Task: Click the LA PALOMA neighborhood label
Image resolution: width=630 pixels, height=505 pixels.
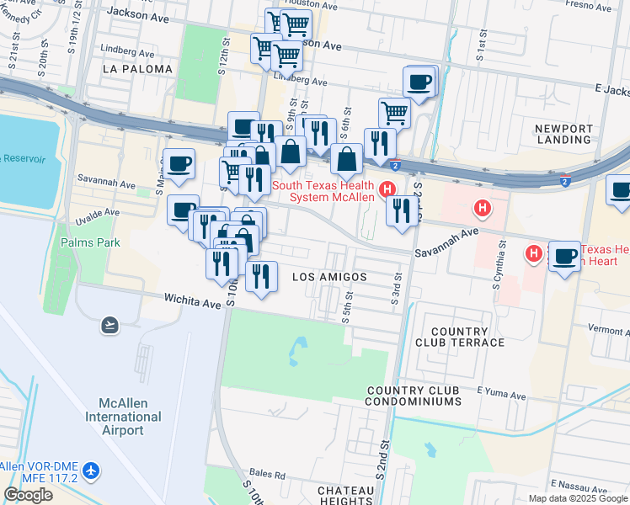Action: pos(137,69)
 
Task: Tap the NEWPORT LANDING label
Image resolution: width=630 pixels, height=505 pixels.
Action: pos(563,134)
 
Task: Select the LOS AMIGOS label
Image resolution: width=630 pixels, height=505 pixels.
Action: pos(328,277)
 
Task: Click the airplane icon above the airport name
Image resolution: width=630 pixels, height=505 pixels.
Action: pos(109,324)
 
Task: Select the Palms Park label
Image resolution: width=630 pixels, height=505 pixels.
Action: pos(90,242)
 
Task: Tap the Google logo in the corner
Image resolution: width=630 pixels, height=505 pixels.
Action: pos(29,495)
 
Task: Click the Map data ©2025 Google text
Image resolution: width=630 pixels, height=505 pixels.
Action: pos(577,498)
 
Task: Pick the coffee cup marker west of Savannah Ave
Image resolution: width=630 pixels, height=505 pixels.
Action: pos(179,164)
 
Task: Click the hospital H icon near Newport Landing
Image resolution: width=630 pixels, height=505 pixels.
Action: pos(482,207)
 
